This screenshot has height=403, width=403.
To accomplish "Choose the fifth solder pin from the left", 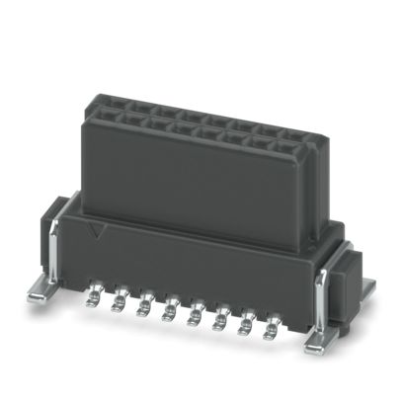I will pyautogui.click(x=193, y=313).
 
